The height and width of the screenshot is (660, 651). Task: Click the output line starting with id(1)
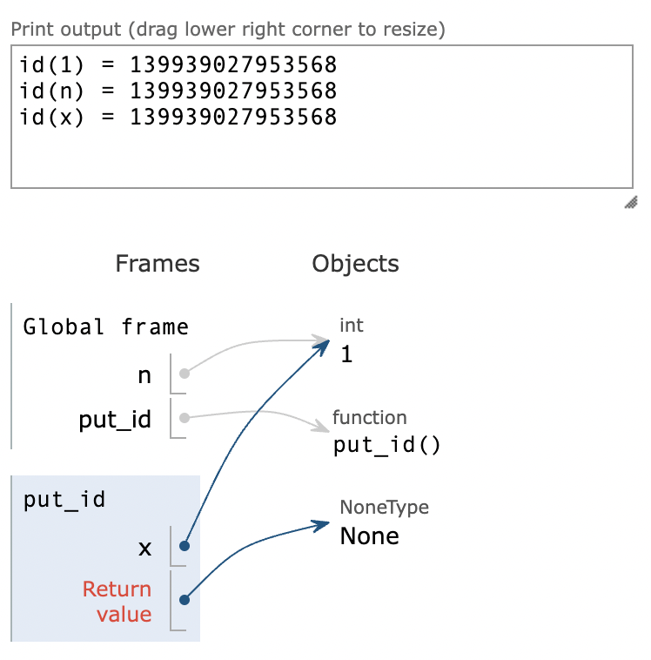point(178,65)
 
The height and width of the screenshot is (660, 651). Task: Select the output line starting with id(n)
point(178,91)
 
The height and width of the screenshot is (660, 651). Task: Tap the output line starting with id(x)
point(178,118)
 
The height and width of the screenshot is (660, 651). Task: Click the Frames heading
point(158,264)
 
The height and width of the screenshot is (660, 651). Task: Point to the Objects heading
point(355,264)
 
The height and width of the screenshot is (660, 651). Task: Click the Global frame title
point(106,327)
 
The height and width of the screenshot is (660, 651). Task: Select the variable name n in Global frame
point(144,376)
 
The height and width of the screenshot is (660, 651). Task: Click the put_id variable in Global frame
point(115,421)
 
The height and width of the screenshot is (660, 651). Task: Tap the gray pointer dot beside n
point(184,374)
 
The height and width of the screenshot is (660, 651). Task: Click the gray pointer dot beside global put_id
point(184,418)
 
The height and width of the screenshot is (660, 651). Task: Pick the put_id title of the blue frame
point(65,501)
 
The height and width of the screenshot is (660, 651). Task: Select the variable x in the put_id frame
point(144,549)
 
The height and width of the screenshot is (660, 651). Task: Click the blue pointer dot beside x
point(184,546)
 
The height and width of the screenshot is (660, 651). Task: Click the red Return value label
point(117,602)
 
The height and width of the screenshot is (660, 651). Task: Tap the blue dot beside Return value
point(184,599)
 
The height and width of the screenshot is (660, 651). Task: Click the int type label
point(352,326)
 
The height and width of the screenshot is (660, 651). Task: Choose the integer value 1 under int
point(346,354)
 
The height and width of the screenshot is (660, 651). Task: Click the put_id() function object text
point(387,446)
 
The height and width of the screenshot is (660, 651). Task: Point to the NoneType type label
point(384,508)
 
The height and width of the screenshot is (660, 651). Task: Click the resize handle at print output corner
point(631,203)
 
